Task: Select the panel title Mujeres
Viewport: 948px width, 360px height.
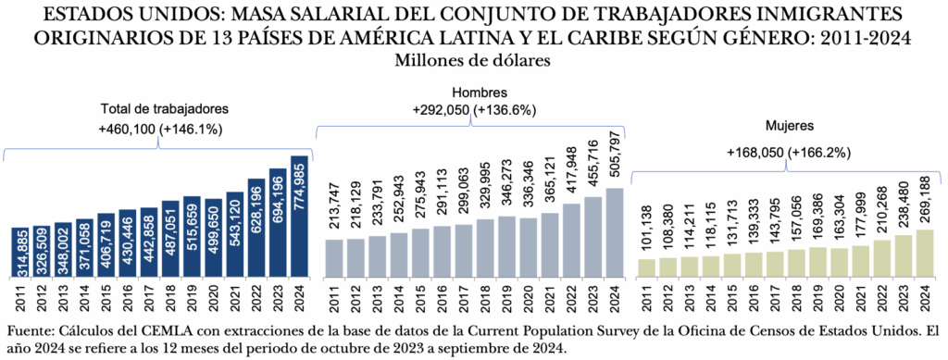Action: (789, 124)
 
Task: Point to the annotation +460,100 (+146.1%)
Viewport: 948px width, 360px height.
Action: (161, 130)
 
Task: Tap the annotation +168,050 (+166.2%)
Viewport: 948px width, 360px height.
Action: (789, 152)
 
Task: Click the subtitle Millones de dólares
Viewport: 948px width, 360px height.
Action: (473, 60)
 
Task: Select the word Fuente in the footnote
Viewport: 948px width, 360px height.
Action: (30, 330)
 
